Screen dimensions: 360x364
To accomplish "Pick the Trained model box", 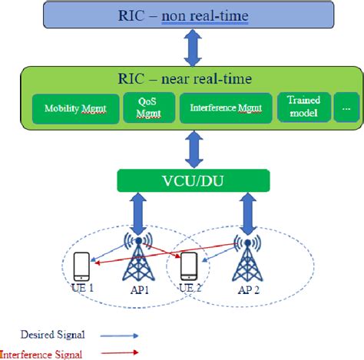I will coord(303,107).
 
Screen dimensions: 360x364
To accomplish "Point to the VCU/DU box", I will coord(194,181).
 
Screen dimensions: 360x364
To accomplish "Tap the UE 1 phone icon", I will coord(81,266).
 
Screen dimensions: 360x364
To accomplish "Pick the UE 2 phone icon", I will coord(186,266).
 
